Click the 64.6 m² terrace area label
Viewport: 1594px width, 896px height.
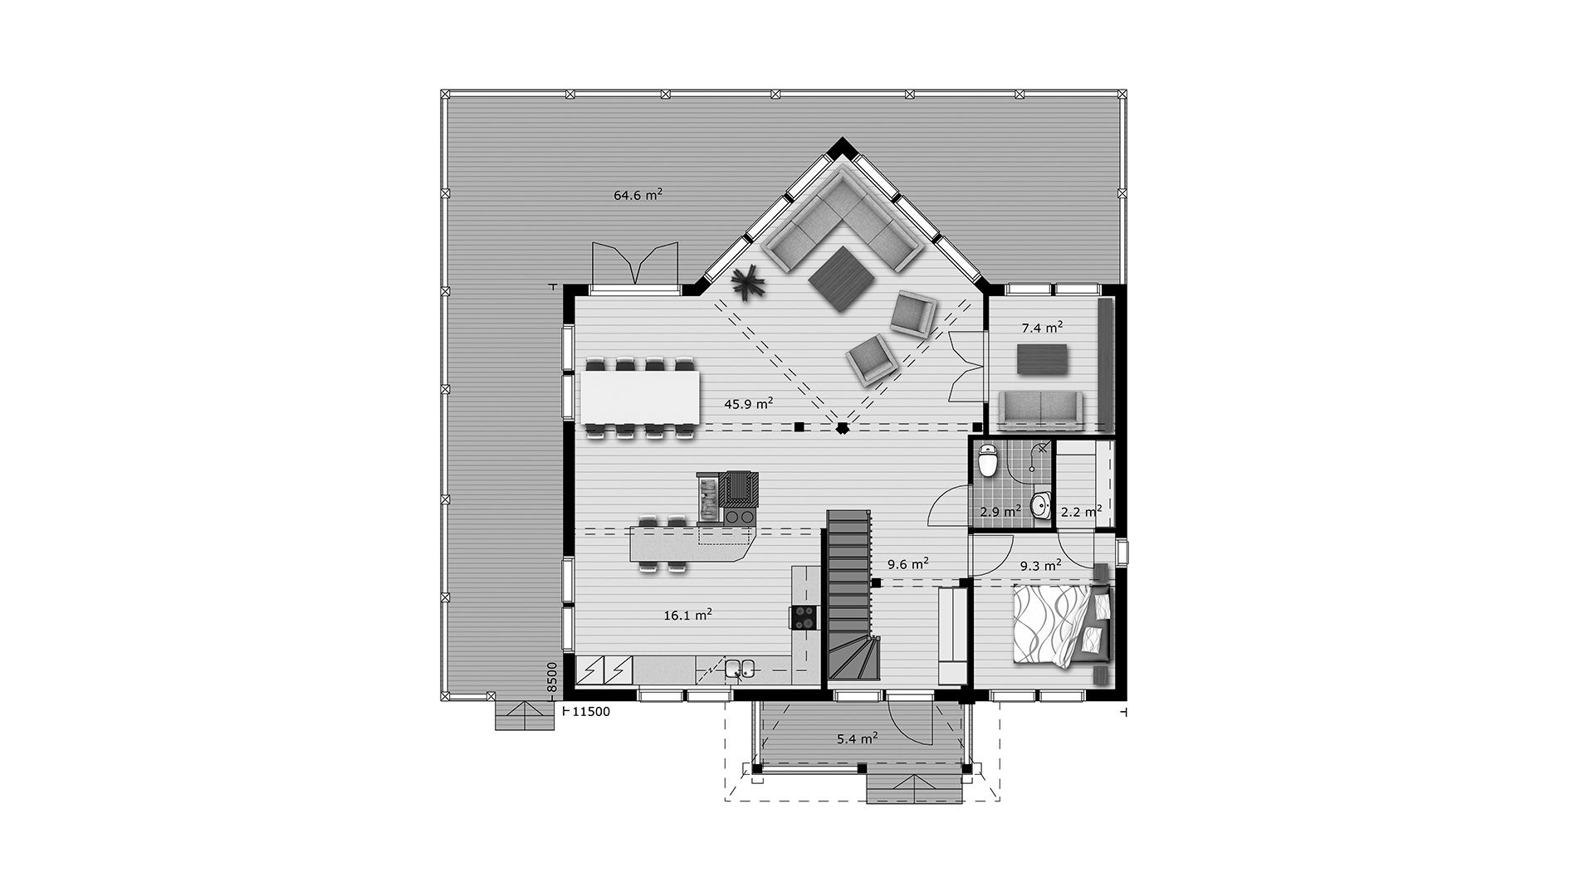[x=638, y=195]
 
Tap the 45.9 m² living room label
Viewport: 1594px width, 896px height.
[x=749, y=403]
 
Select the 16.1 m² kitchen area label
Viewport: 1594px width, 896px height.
[x=687, y=616]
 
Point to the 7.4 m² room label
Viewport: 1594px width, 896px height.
[x=1043, y=327]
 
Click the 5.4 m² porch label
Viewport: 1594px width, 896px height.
[x=858, y=738]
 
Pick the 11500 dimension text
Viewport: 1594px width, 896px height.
[x=592, y=712]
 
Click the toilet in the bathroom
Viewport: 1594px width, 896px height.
[x=988, y=461]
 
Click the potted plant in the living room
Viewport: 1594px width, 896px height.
[x=749, y=285]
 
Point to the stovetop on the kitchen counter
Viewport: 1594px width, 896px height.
[x=223, y=616]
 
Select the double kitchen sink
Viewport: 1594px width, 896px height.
[x=158, y=669]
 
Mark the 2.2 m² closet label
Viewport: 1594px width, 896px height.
[x=1082, y=511]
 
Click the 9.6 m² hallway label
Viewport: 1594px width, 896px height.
[x=907, y=564]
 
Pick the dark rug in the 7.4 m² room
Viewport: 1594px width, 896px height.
[x=1043, y=358]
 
